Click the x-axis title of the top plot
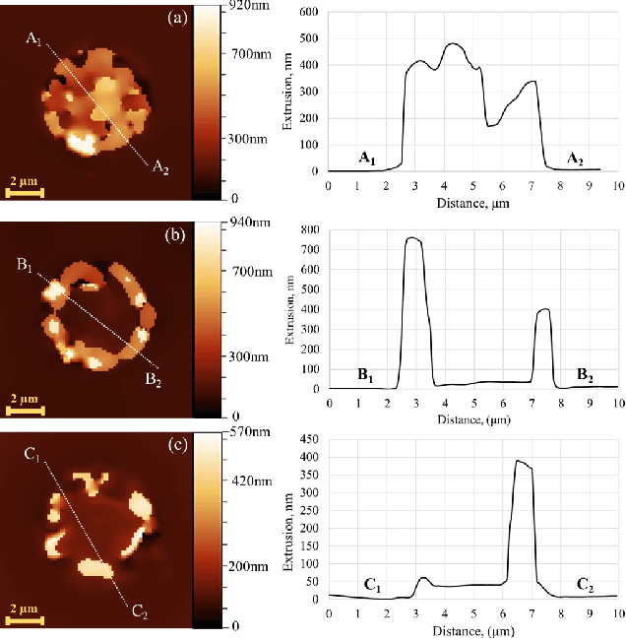(x=472, y=202)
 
